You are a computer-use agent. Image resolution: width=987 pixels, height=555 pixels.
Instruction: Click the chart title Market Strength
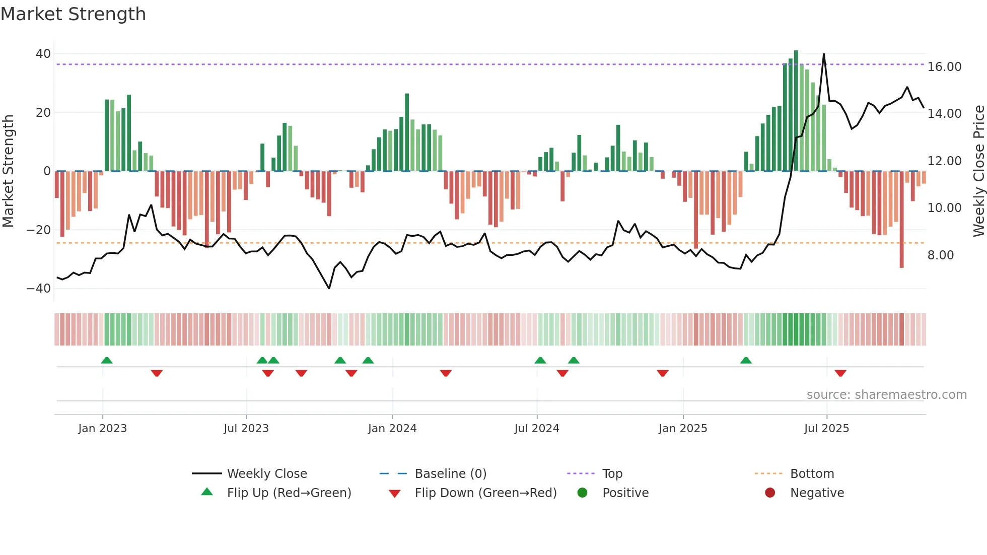tap(73, 14)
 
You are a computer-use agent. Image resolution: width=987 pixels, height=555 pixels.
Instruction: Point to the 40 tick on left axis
tap(43, 54)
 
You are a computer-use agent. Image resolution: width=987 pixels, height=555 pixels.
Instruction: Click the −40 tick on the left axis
tap(39, 289)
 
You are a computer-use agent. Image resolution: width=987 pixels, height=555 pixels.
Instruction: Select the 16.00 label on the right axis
tap(944, 67)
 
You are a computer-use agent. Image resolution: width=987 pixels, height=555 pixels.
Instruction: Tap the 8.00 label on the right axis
tap(940, 255)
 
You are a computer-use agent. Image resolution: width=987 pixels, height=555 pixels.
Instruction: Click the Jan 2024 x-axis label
tap(392, 429)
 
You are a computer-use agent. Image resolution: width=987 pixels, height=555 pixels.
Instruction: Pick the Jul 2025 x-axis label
tap(826, 429)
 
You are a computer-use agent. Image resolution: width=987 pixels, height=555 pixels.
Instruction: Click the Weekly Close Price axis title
tap(978, 171)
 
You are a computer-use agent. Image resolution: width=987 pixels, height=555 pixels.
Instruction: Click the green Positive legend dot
tap(582, 493)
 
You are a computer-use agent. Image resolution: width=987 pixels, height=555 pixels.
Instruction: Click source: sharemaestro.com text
tap(886, 395)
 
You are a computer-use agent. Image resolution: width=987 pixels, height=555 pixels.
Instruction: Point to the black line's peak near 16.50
tap(824, 54)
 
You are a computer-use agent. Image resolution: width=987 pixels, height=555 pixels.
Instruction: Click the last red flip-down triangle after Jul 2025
tap(840, 373)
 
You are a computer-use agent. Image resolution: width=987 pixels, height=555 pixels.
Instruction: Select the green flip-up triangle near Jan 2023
tap(107, 360)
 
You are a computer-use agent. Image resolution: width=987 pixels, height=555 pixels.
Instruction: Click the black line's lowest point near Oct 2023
tap(329, 288)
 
